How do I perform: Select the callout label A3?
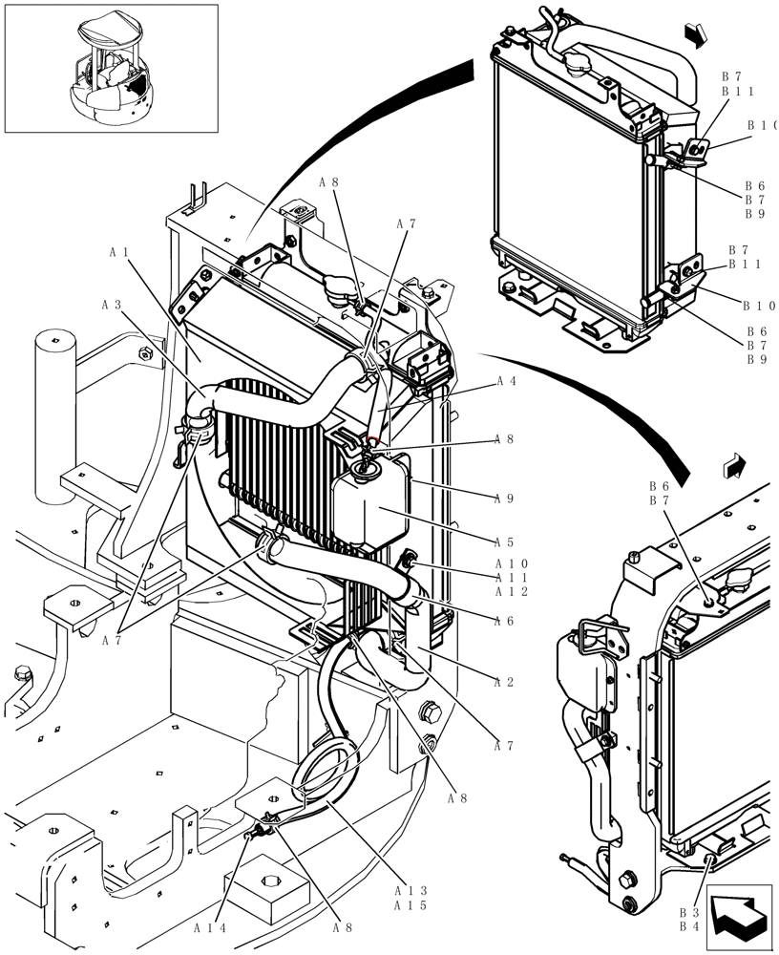[x=112, y=306]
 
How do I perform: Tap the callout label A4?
[x=506, y=381]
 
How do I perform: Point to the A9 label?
[x=506, y=498]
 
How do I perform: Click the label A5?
[x=506, y=541]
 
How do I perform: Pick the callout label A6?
[x=506, y=621]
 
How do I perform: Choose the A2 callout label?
[x=506, y=682]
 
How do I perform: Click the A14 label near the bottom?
[x=209, y=927]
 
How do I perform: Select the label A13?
[x=413, y=890]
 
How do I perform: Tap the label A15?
[x=413, y=905]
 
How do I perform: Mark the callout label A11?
[x=511, y=578]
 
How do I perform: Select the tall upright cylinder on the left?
[x=55, y=415]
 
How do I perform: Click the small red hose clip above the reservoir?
[x=373, y=441]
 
